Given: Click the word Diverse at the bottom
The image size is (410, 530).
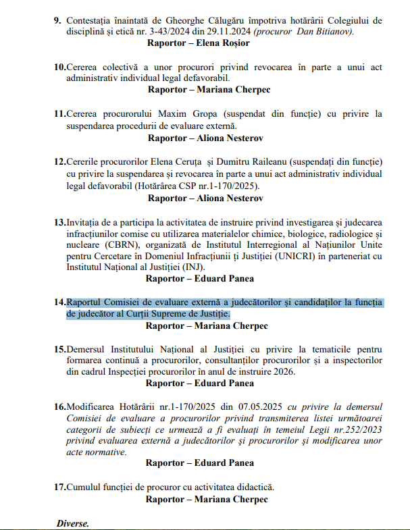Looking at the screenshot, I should coord(73,524).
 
